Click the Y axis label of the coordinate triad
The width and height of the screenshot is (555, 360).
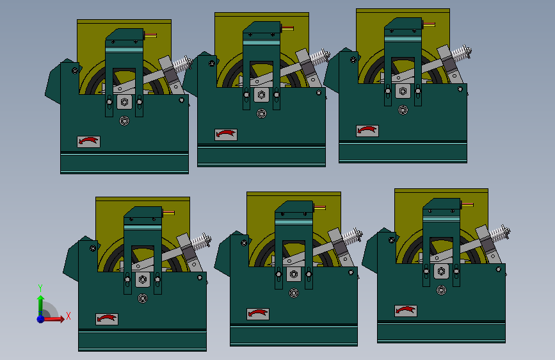point(40,288)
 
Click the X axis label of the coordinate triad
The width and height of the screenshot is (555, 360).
point(68,316)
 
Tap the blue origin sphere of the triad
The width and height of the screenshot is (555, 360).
point(41,319)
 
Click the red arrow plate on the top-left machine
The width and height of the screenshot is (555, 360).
point(88,142)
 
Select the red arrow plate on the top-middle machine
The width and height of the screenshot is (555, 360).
point(226,135)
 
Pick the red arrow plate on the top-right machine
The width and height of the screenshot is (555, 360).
point(367,131)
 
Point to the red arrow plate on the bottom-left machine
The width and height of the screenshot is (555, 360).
point(107,319)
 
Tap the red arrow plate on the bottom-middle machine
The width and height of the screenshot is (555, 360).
point(258,314)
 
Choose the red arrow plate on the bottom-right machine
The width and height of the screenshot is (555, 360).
point(406,311)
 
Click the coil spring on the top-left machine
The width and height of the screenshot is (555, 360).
point(182,64)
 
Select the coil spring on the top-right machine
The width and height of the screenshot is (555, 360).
point(462,53)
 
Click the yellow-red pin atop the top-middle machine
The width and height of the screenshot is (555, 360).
point(287,28)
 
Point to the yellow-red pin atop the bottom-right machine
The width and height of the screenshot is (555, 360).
point(467,204)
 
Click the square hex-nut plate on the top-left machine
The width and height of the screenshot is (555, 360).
point(124,102)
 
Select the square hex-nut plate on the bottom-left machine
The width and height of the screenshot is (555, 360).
point(143,279)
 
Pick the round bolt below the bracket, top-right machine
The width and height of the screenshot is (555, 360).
point(403,110)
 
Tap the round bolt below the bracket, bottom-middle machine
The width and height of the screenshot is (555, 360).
point(293,293)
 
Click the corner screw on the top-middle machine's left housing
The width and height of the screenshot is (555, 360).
point(212,63)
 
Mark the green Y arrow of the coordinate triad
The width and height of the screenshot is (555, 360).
point(40,305)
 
